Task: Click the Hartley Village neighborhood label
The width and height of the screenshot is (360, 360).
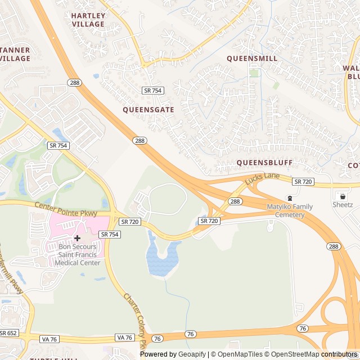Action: [88, 20]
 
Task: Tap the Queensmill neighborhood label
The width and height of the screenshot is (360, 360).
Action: [252, 58]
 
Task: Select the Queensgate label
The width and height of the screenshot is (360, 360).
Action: [148, 110]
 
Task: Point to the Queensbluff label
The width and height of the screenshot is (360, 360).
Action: [264, 163]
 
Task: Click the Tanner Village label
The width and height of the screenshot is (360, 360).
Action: [15, 54]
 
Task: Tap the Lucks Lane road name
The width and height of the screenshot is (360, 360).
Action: [262, 178]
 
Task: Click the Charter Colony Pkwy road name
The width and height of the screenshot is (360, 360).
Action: [136, 319]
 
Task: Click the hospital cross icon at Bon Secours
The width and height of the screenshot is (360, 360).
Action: [77, 238]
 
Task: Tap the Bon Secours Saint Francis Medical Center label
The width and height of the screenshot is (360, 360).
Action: [79, 255]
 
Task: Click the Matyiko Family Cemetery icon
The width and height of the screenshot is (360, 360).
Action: [290, 198]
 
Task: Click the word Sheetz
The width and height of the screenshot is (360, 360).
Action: [342, 205]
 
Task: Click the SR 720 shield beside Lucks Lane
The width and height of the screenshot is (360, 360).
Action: [303, 181]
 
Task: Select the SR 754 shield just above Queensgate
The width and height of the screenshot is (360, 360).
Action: [152, 90]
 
